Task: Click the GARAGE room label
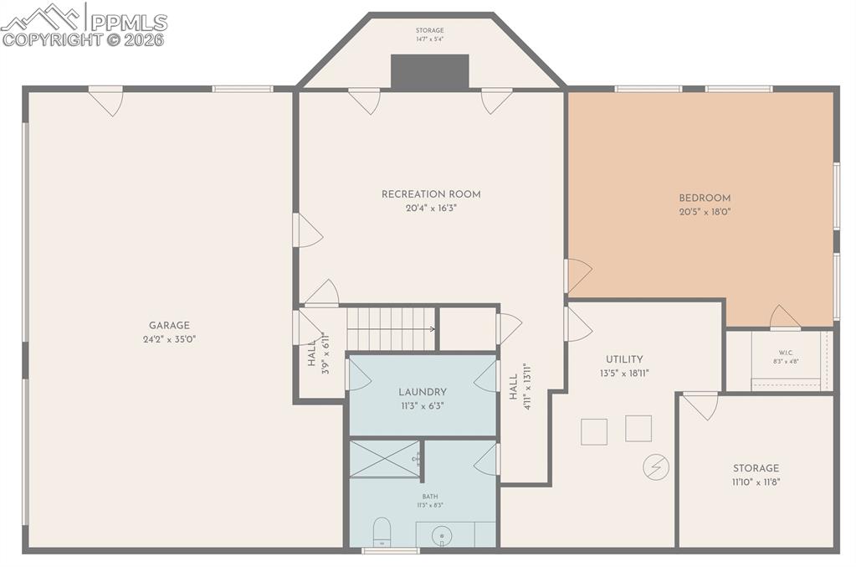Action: tap(169, 326)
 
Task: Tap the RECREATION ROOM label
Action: tap(431, 194)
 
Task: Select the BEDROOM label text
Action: tap(705, 198)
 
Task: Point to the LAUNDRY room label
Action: tap(422, 392)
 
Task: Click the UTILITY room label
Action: tap(624, 360)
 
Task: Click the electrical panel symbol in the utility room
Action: tap(655, 466)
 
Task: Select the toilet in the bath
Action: tap(382, 531)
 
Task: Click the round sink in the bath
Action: tap(443, 535)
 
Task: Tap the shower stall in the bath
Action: tap(384, 458)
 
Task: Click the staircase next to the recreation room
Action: tap(392, 328)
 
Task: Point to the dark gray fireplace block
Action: tap(430, 72)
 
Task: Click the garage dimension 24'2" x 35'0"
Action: tap(169, 340)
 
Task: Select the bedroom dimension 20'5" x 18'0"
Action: tap(705, 213)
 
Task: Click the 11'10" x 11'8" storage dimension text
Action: tap(756, 482)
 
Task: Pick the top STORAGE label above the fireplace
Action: tap(430, 31)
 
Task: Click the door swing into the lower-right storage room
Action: tap(701, 405)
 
